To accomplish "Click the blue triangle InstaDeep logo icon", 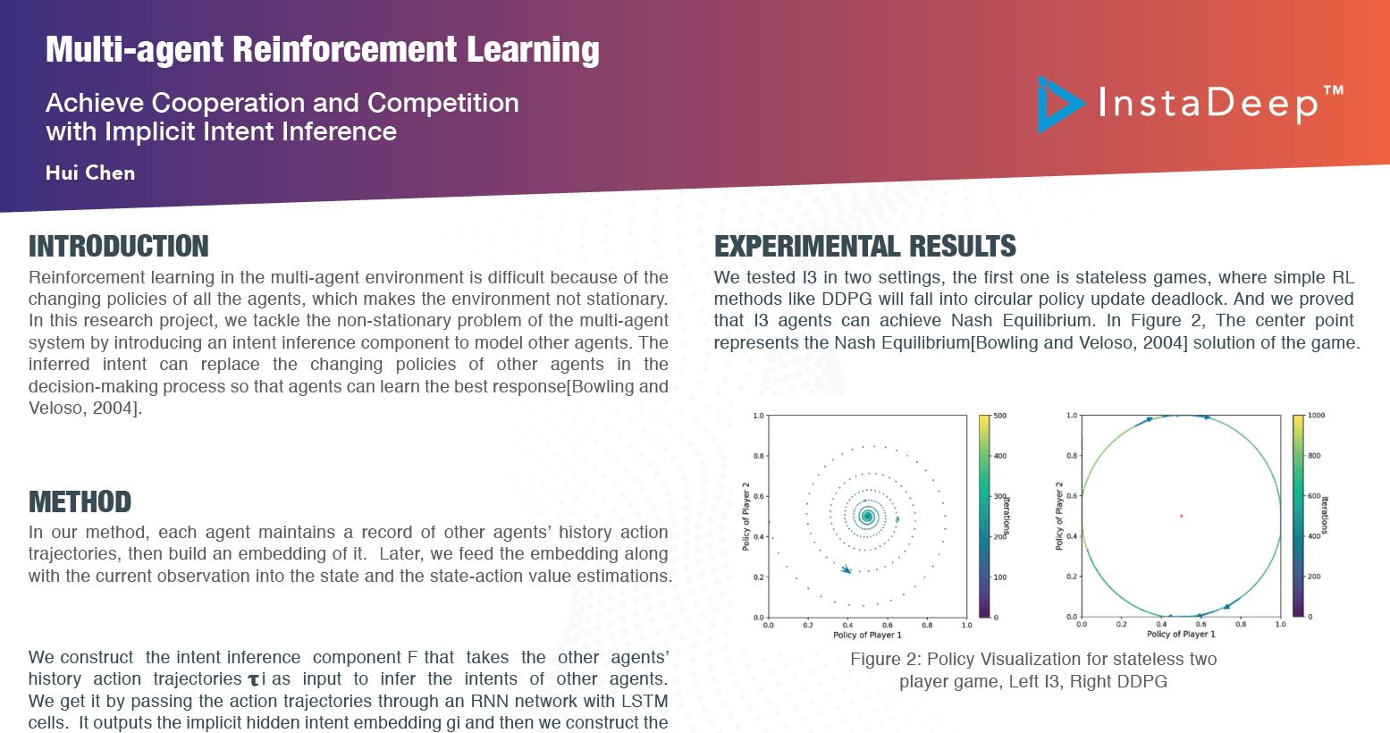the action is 1058,105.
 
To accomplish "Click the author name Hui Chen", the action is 90,173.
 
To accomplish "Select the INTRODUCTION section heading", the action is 119,247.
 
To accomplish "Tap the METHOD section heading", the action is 80,501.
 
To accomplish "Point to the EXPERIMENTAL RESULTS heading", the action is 865,247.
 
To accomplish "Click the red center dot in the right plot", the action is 1182,516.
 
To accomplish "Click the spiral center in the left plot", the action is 867,516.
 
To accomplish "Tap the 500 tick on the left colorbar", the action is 999,416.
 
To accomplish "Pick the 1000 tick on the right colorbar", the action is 1316,416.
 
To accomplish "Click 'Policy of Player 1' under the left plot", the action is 867,635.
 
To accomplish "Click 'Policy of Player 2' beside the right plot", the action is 1059,516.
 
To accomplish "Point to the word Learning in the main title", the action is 533,50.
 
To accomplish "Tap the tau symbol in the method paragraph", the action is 253,680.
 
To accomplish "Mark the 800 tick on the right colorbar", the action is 1314,456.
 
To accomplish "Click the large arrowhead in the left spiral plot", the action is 846,569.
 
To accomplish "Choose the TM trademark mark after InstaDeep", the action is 1334,90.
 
